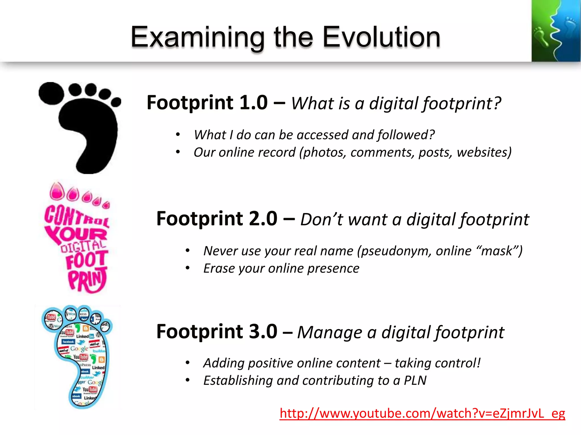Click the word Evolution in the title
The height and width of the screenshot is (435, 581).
381,37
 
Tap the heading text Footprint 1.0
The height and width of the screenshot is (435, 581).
207,103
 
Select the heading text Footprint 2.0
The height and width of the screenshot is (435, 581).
217,219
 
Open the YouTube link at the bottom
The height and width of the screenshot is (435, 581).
422,413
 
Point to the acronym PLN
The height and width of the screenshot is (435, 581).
415,380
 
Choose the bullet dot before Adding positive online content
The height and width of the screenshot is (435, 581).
187,363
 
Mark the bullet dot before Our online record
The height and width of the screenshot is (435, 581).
178,152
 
